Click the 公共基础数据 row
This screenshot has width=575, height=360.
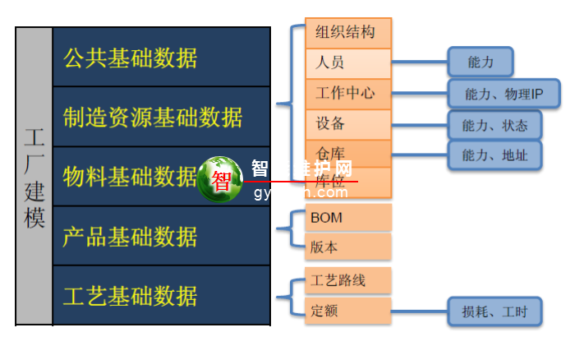pyautogui.click(x=161, y=58)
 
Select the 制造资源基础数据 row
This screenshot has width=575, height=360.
pyautogui.click(x=161, y=117)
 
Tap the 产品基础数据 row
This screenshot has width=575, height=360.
pyautogui.click(x=161, y=237)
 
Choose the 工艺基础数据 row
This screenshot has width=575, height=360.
pyautogui.click(x=161, y=295)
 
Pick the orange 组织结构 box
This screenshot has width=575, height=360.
pyautogui.click(x=348, y=33)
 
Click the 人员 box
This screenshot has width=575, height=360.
pyautogui.click(x=348, y=62)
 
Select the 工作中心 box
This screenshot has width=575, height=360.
pyautogui.click(x=348, y=93)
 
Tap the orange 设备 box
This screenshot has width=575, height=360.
pyautogui.click(x=348, y=124)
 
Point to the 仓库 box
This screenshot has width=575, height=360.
pyautogui.click(x=348, y=153)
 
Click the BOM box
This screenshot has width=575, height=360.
pyautogui.click(x=348, y=218)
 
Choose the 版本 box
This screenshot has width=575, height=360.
pyautogui.click(x=348, y=247)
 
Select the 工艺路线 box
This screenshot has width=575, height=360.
pyautogui.click(x=348, y=280)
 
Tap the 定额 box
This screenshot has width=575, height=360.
pyautogui.click(x=348, y=311)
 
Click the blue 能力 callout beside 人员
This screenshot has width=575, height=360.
pyautogui.click(x=480, y=62)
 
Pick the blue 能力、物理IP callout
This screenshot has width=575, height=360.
pyautogui.click(x=504, y=94)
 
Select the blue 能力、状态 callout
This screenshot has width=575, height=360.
pyautogui.click(x=494, y=125)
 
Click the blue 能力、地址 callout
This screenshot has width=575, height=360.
pyautogui.click(x=494, y=155)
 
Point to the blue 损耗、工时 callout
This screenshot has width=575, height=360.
pyautogui.click(x=494, y=312)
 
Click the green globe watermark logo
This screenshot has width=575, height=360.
pyautogui.click(x=220, y=179)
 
